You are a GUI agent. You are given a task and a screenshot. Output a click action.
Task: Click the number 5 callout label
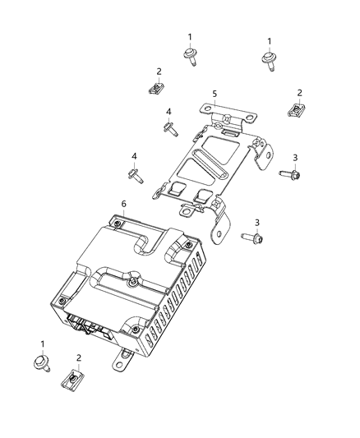click(x=215, y=94)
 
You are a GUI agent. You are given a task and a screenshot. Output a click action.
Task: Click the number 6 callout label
click(x=123, y=204)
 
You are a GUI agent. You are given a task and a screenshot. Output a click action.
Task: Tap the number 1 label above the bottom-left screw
click(x=42, y=343)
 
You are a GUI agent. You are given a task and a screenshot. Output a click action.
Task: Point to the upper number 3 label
click(x=295, y=158)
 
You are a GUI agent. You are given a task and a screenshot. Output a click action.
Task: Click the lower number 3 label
click(x=256, y=223)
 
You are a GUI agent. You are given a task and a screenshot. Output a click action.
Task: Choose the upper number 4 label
click(x=168, y=112)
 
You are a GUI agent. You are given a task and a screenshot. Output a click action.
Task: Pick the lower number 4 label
click(x=132, y=156)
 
